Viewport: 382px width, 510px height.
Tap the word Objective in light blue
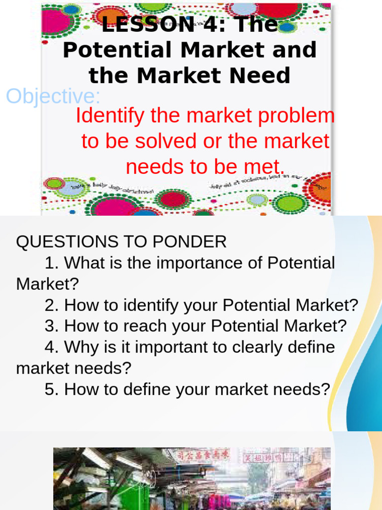(x=52, y=96)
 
